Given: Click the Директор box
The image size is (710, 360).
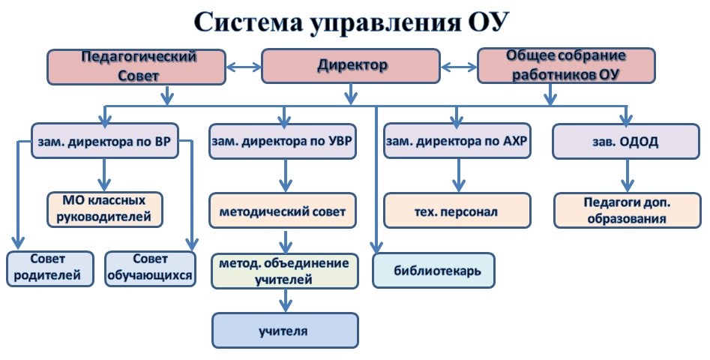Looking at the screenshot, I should (x=352, y=66).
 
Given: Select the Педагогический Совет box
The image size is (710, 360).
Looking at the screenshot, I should (x=137, y=66).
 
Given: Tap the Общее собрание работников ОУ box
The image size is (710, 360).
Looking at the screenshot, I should (x=566, y=66).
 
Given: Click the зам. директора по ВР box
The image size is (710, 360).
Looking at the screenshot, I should (x=105, y=141).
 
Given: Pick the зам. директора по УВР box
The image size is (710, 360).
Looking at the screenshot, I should (x=283, y=141).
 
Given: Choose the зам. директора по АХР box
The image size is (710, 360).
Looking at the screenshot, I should (x=457, y=141).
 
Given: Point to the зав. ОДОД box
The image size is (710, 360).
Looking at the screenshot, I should (x=628, y=141).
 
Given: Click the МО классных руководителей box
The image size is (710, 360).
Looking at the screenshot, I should (x=106, y=209).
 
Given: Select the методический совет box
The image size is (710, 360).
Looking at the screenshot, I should (x=283, y=211).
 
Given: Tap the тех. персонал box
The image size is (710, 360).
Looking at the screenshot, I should (x=457, y=211).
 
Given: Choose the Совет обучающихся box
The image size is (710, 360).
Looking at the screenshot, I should (x=151, y=268).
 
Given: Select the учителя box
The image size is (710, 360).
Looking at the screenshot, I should (x=284, y=330).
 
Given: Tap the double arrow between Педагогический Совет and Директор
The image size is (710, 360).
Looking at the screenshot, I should (x=243, y=67).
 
